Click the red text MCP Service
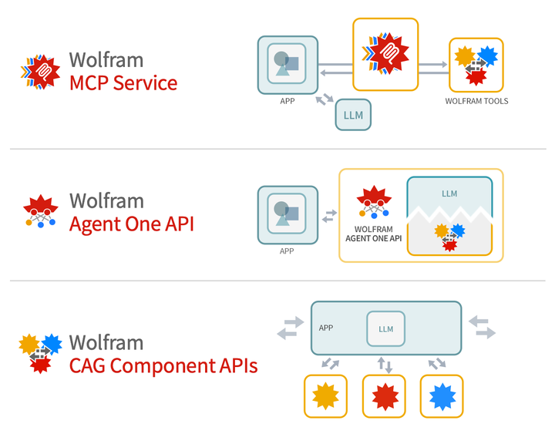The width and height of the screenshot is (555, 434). coord(123,82)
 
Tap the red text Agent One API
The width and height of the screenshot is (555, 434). coord(132,224)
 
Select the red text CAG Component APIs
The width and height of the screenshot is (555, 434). coord(163,365)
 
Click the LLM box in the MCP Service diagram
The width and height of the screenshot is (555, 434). coord(353,115)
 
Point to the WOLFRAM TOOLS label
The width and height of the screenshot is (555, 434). coord(476,101)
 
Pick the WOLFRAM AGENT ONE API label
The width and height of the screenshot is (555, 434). coord(373,234)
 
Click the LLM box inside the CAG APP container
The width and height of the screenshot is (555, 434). coord(385,328)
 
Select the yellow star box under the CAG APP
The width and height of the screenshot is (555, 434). coord(326,396)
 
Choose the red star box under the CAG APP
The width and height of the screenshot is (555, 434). coord(385,396)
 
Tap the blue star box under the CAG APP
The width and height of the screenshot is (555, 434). coord(442,396)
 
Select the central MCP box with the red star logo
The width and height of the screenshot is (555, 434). coord(385,55)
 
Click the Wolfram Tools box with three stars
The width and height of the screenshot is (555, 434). coord(476,66)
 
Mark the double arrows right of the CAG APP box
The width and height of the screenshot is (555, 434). coord(483,327)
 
